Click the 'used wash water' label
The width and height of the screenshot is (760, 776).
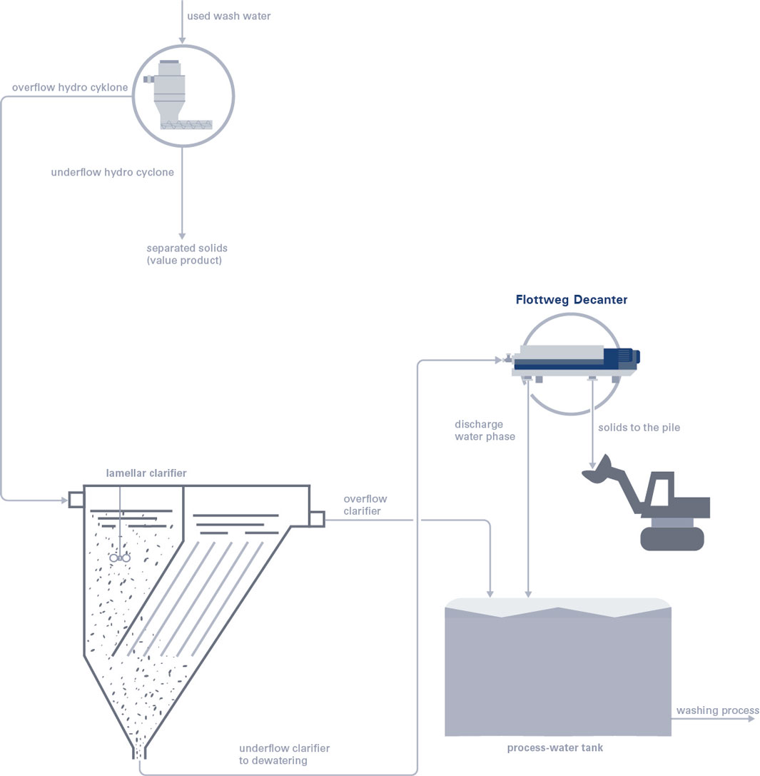pyautogui.click(x=228, y=16)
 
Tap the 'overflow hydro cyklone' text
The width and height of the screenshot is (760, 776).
pyautogui.click(x=70, y=88)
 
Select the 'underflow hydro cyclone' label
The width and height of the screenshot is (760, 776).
pyautogui.click(x=112, y=172)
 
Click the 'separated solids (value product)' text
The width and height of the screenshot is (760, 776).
pyautogui.click(x=187, y=254)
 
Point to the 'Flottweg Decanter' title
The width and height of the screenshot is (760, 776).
pyautogui.click(x=572, y=299)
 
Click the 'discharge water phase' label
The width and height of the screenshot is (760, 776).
pyautogui.click(x=485, y=430)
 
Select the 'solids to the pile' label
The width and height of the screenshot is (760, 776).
pyautogui.click(x=639, y=428)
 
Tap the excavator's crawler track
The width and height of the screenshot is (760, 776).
pyautogui.click(x=672, y=539)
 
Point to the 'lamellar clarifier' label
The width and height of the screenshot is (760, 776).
pyautogui.click(x=146, y=473)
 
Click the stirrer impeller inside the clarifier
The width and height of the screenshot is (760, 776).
pyautogui.click(x=120, y=558)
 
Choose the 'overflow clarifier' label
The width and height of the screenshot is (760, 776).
pyautogui.click(x=365, y=505)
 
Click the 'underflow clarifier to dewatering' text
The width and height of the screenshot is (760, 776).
pyautogui.click(x=284, y=754)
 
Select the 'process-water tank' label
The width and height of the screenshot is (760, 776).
pyautogui.click(x=554, y=747)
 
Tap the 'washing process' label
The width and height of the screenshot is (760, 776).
pyautogui.click(x=717, y=710)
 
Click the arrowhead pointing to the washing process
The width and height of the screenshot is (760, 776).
pyautogui.click(x=751, y=719)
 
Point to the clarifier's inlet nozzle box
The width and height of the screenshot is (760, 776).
pyautogui.click(x=76, y=500)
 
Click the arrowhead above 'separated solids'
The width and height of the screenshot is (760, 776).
pyautogui.click(x=182, y=236)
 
